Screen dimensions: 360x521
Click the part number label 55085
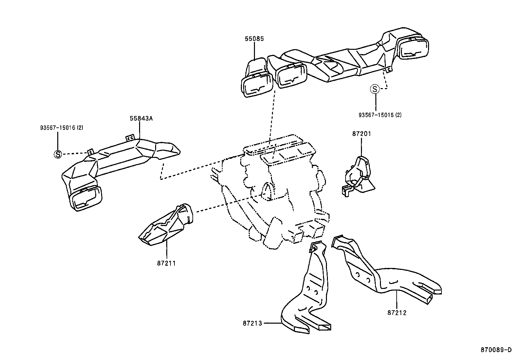pos(254,39)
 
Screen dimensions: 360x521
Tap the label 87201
pos(362,134)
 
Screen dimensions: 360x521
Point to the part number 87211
pos(166,263)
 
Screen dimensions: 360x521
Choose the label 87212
pos(397,313)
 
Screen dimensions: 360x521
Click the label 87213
pos(253,323)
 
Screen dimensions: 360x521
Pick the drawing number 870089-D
pos(496,350)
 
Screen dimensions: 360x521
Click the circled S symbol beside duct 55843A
pos(58,154)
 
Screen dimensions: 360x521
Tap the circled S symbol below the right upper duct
pos(375,88)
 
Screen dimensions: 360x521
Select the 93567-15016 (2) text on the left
pos(62,127)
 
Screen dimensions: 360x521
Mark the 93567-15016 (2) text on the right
pos(380,115)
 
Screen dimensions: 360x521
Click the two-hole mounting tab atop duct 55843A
pos(130,138)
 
